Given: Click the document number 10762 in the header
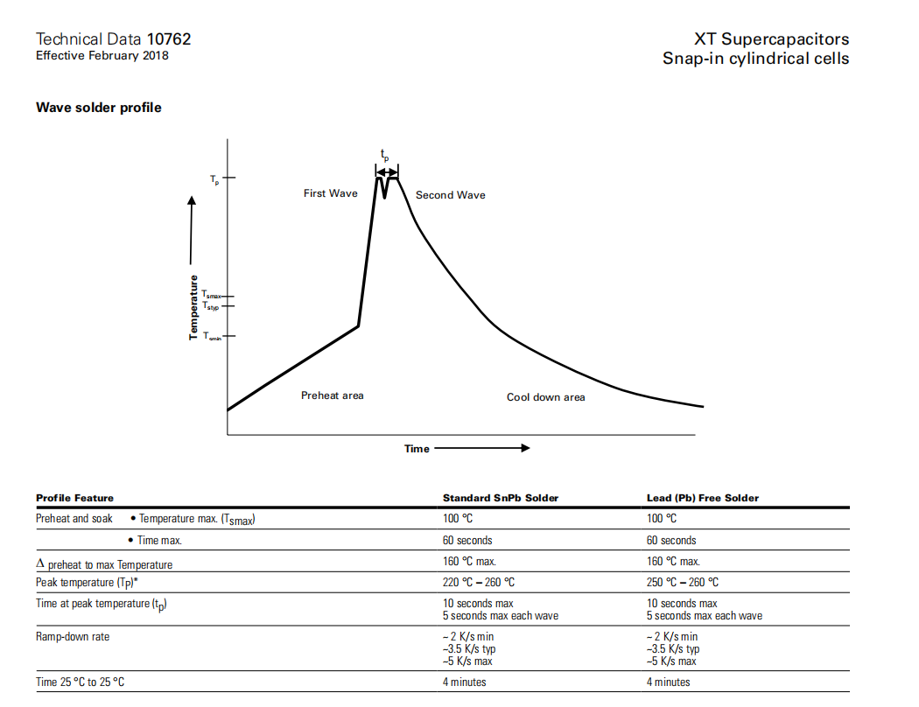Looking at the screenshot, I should click(x=169, y=38).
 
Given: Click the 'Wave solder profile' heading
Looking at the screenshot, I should click(x=98, y=108).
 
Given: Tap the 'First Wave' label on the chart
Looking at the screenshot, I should click(x=330, y=193).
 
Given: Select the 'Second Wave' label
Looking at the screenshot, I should click(x=450, y=195).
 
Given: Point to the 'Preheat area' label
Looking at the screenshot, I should click(x=332, y=395).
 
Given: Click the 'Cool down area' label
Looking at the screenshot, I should click(x=545, y=397).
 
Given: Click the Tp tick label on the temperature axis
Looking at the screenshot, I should click(x=215, y=178).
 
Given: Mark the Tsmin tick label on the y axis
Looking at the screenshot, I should click(x=212, y=336).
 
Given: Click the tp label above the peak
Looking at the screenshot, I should click(x=384, y=155).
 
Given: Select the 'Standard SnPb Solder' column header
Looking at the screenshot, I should click(x=500, y=498).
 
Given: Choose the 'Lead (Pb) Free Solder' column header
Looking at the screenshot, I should click(x=703, y=498).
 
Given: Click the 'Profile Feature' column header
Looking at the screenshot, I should click(x=74, y=498).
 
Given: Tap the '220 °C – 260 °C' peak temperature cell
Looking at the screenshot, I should click(x=478, y=582).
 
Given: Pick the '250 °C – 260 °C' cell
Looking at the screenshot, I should click(x=682, y=582).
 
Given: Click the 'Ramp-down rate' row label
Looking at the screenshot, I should click(x=73, y=636).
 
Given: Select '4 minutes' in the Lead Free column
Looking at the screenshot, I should click(x=668, y=682).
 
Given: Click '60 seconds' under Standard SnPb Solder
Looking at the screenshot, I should click(x=467, y=540).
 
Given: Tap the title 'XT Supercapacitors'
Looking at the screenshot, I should click(x=771, y=38).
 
